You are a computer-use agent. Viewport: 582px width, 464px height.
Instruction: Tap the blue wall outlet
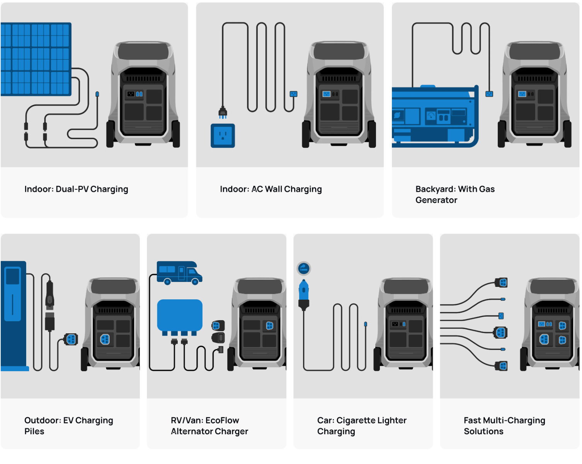(223, 136)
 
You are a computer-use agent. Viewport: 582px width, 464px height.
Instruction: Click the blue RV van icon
(179, 273)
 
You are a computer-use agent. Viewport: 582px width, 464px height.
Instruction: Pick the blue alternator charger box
(180, 315)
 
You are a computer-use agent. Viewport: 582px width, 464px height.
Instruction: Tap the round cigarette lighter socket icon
(304, 268)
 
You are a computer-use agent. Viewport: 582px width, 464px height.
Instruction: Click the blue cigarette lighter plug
(304, 294)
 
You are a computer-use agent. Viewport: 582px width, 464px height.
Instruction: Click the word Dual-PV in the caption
(72, 189)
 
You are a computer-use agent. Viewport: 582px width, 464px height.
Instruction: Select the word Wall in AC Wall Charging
(273, 189)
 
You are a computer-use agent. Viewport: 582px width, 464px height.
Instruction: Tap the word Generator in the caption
(436, 200)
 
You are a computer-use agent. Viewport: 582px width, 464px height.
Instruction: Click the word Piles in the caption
(34, 431)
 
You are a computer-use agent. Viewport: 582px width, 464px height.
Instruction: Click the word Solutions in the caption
(483, 431)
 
